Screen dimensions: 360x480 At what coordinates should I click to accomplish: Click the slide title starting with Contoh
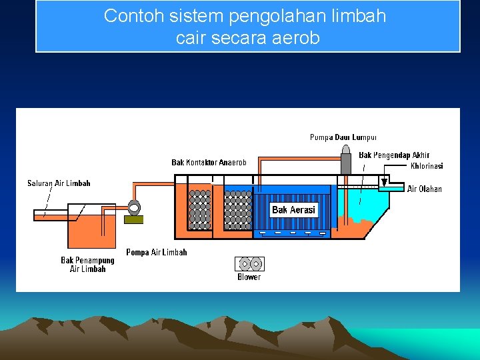click(x=245, y=27)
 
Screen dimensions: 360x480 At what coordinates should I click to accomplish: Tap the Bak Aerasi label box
click(x=293, y=210)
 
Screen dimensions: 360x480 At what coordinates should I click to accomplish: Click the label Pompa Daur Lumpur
click(x=343, y=137)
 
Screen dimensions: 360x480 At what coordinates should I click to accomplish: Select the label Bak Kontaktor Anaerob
click(x=209, y=162)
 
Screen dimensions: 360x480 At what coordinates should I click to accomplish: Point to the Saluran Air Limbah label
click(x=59, y=183)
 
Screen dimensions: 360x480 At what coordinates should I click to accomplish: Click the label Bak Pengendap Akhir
click(x=394, y=155)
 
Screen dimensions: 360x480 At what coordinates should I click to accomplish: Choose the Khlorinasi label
click(x=427, y=166)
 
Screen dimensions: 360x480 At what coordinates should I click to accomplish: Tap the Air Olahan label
click(x=424, y=189)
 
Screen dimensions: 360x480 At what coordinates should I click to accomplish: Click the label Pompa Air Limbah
click(x=157, y=252)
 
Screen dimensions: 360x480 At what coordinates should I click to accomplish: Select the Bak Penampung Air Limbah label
click(x=87, y=265)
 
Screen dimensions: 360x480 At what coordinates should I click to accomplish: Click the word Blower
click(x=249, y=277)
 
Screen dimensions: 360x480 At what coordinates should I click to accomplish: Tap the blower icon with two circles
click(x=249, y=263)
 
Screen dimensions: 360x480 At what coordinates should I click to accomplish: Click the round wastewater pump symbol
click(x=133, y=207)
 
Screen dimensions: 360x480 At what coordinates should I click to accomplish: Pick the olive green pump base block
click(x=133, y=219)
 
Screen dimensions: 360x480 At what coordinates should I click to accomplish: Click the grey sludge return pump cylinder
click(x=345, y=161)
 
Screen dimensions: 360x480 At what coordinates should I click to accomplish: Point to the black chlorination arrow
click(x=384, y=181)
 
